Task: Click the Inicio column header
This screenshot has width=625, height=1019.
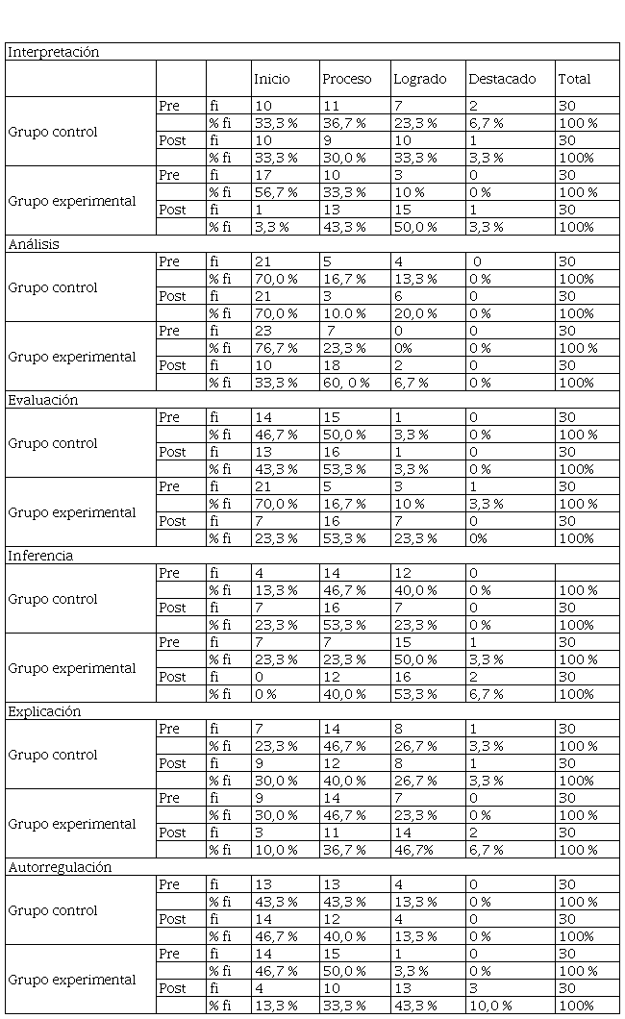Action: pyautogui.click(x=271, y=79)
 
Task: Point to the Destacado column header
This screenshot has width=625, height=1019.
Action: pyautogui.click(x=501, y=79)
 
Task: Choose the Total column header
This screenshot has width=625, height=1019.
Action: pyautogui.click(x=574, y=79)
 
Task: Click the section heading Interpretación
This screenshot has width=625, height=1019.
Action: pyautogui.click(x=54, y=53)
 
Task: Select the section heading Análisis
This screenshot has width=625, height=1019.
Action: pyautogui.click(x=34, y=244)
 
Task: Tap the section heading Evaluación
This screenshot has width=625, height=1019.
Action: pyautogui.click(x=43, y=400)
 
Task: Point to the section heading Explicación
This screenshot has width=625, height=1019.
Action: pyautogui.click(x=44, y=711)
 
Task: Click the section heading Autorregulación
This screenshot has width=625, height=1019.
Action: pyautogui.click(x=60, y=867)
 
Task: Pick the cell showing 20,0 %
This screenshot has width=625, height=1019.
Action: pyautogui.click(x=415, y=313)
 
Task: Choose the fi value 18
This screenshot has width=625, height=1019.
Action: pyautogui.click(x=331, y=365)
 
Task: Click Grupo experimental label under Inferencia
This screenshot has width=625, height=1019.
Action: pyautogui.click(x=72, y=668)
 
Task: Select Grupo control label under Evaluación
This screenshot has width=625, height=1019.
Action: pyautogui.click(x=53, y=443)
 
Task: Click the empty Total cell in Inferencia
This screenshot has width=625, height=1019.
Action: pyautogui.click(x=587, y=573)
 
